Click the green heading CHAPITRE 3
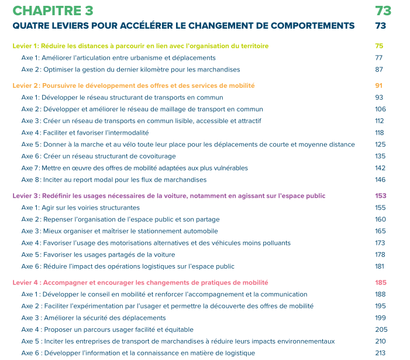pos(53,11)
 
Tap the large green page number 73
pos(383,11)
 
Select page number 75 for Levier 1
pos(379,46)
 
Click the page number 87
pos(379,69)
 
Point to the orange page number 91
pos(378,85)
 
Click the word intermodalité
pos(128,133)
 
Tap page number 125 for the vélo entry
pos(380,145)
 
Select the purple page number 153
pos(380,196)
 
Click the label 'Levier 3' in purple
pos(26,196)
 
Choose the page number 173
pos(380,243)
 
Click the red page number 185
pos(380,282)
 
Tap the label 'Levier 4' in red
pos(26,282)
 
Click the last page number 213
pos(380,353)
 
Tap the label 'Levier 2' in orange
pos(26,85)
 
